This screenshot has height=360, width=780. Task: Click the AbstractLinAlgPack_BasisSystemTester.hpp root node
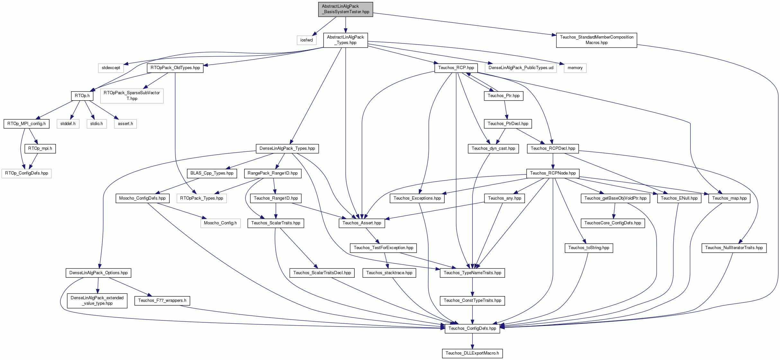coord(346,9)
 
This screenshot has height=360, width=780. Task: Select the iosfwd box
coord(306,40)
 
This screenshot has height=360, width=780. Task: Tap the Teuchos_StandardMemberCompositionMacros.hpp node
coord(597,40)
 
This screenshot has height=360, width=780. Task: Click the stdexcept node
coord(111,68)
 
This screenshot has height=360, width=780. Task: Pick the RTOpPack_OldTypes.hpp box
coord(175,68)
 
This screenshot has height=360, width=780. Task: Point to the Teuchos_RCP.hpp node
coord(456,68)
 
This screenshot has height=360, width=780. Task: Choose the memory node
coord(575,68)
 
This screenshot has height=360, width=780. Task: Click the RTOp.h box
coord(82,96)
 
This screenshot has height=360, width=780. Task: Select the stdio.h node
coord(97,124)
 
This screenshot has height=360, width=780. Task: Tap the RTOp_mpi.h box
coord(40,148)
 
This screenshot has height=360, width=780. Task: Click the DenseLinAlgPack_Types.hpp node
coord(287,148)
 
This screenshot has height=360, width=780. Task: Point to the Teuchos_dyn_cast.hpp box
coord(493,148)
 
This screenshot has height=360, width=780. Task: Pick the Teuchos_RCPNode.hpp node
coord(553,173)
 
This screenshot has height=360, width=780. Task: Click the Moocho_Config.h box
coord(220,223)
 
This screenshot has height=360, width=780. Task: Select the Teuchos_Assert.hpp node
coord(362,223)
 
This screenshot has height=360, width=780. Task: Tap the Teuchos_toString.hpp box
coord(589,248)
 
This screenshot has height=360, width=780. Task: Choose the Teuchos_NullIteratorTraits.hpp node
coord(734,248)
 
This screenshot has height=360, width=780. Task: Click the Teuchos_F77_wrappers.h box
coord(162,301)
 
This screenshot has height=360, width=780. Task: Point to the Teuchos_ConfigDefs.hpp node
coord(472,328)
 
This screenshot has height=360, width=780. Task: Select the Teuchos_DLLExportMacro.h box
coord(472,353)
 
